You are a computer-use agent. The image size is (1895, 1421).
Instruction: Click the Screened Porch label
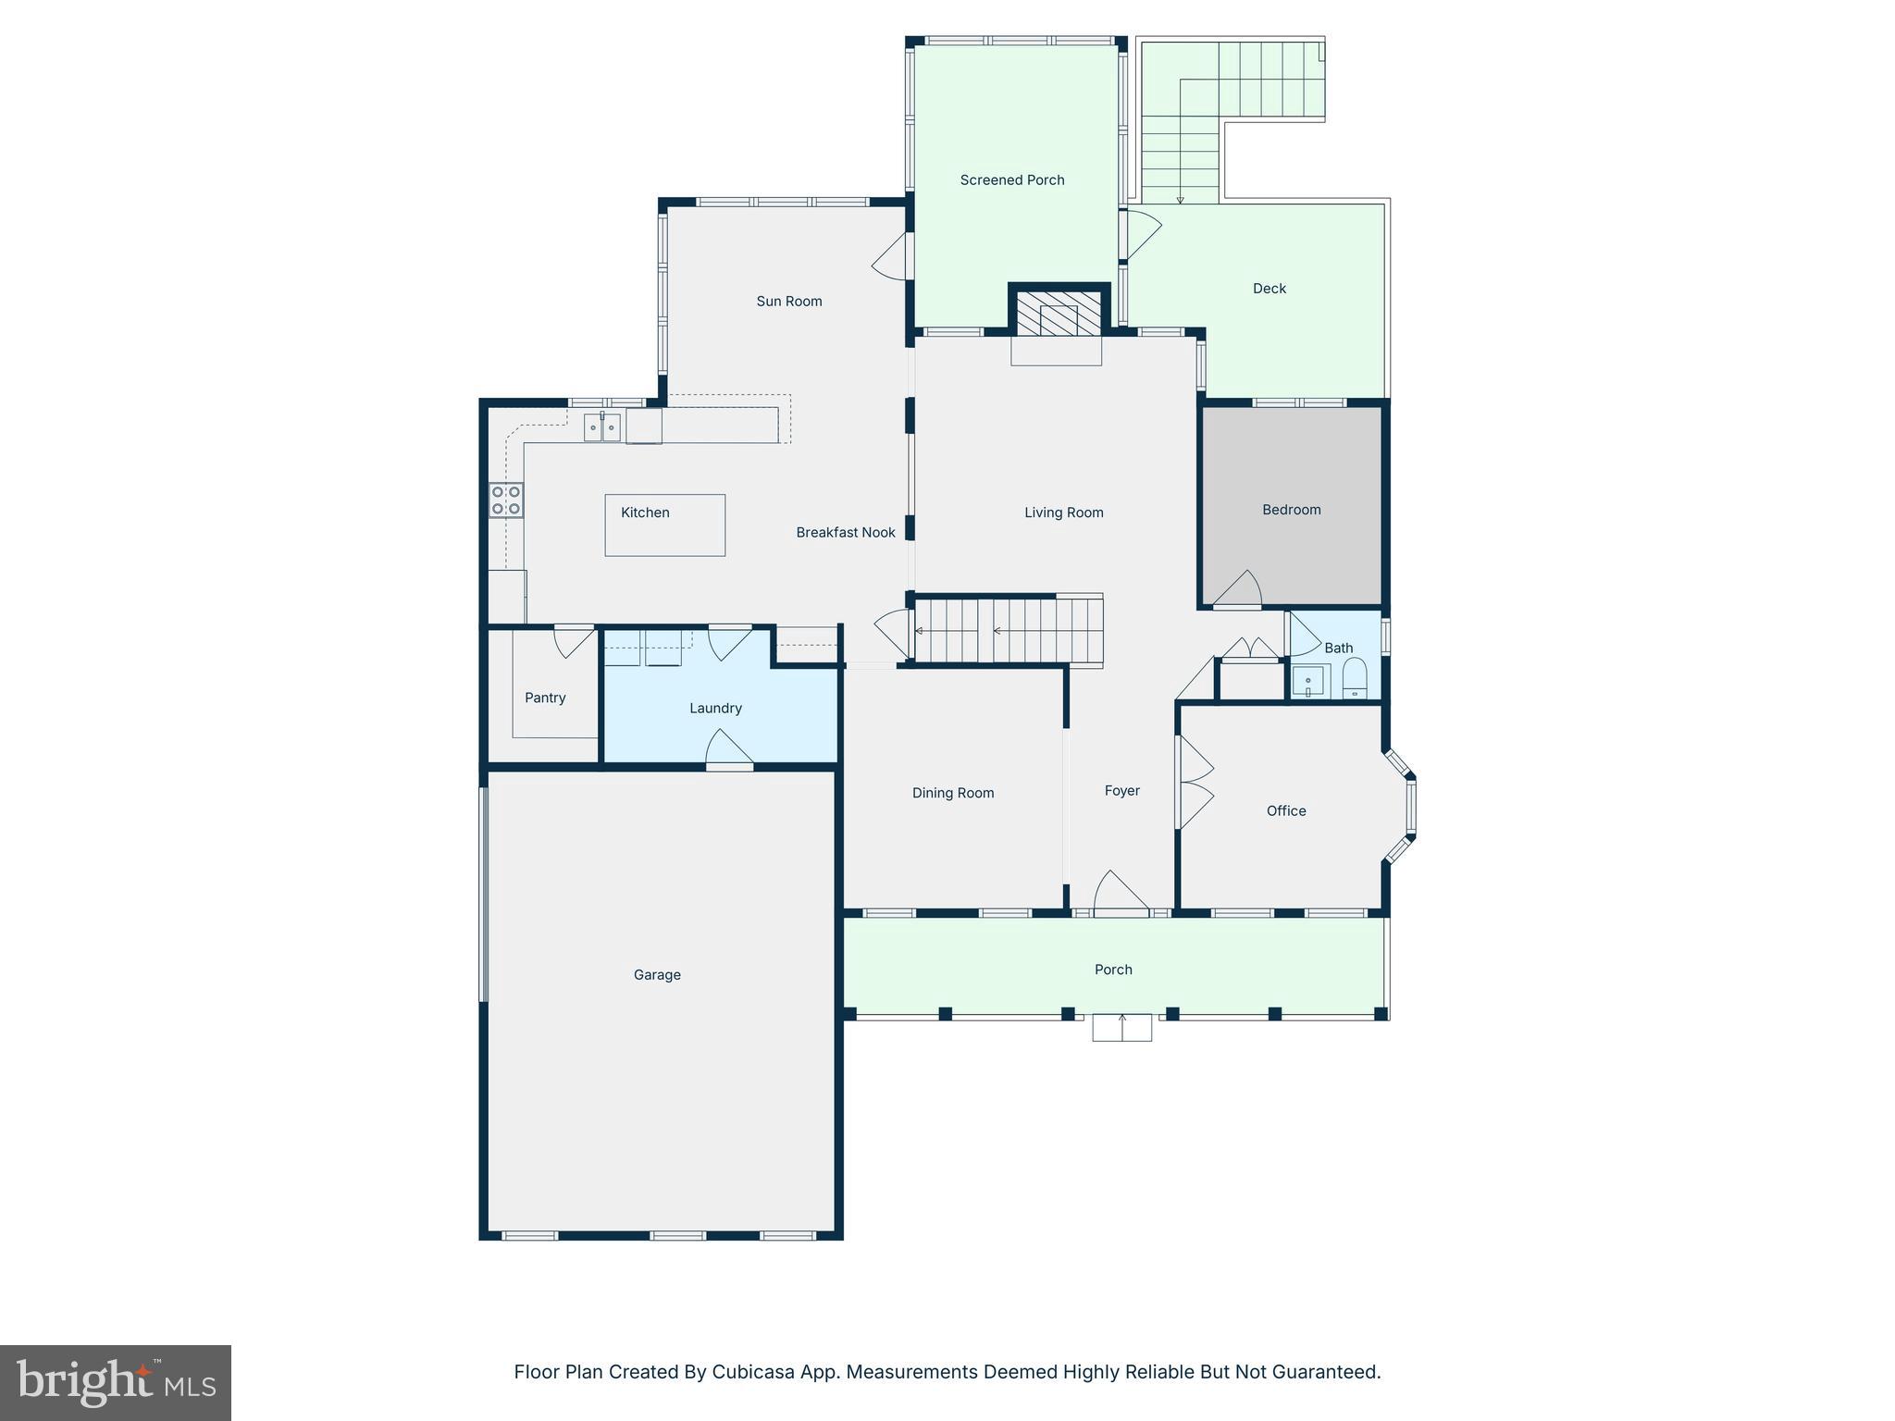click(1011, 179)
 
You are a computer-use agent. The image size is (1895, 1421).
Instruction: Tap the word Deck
click(1269, 289)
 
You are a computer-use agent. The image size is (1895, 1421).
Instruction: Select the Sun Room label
click(788, 301)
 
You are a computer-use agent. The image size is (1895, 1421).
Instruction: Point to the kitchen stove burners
click(506, 500)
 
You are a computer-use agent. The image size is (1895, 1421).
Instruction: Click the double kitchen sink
click(601, 427)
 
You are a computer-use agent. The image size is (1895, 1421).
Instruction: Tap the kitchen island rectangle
click(664, 525)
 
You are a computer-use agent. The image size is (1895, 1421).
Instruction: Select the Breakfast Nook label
click(845, 532)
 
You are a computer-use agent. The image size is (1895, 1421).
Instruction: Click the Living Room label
click(1063, 513)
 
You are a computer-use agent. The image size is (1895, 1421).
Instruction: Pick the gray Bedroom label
click(1291, 510)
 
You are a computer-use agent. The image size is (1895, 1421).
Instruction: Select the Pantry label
click(544, 698)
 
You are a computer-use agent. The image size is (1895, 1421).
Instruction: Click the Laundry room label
click(715, 708)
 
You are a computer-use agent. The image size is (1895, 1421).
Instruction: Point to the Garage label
click(657, 974)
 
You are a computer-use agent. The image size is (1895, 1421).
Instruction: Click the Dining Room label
click(952, 793)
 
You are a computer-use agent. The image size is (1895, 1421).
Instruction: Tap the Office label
click(1285, 810)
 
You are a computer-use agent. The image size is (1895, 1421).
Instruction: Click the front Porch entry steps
click(1121, 1028)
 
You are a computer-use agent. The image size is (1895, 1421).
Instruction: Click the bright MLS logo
click(116, 1383)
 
